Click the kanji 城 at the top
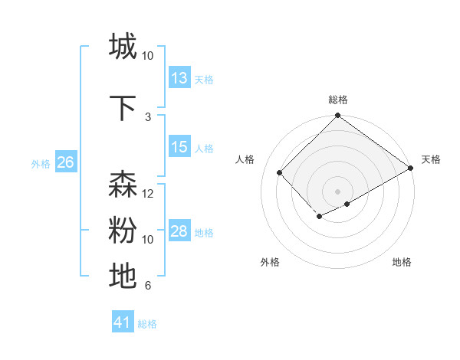[x=123, y=47]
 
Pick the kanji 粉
[x=123, y=231]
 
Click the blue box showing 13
[x=179, y=78]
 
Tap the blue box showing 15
[x=179, y=147]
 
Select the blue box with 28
[x=179, y=231]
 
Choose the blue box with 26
[x=65, y=162]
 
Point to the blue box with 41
[x=123, y=322]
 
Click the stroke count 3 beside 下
[x=148, y=116]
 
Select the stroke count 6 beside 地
[x=148, y=286]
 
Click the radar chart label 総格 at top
[x=338, y=100]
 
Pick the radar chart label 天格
[x=431, y=159]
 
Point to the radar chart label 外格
[x=270, y=262]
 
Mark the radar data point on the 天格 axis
[x=412, y=169]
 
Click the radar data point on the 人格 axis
[x=280, y=172]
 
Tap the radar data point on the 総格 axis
[x=337, y=116]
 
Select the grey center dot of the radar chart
[x=337, y=190]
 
